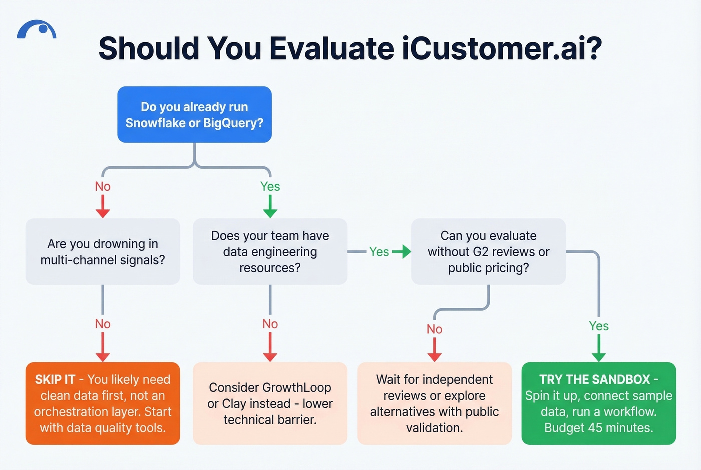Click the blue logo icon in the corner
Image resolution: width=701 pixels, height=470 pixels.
pos(37,30)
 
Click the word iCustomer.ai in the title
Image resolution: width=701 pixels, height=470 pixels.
pos(501,49)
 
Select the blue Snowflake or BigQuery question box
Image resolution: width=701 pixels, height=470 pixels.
pos(194,115)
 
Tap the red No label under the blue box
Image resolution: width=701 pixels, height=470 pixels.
pos(103,187)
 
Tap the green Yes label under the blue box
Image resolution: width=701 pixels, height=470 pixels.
pos(270,187)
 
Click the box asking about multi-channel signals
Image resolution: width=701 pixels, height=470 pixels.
pos(103,251)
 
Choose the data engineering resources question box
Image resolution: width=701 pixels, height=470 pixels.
pos(270,251)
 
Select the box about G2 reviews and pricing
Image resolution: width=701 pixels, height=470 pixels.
pos(488,251)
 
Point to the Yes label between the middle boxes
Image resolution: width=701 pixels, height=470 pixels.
pos(379,252)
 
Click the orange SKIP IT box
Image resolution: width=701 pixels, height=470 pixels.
pos(103,403)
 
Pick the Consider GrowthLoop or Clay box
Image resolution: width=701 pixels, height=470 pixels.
pos(270,403)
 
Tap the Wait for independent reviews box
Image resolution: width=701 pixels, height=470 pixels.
pos(434,403)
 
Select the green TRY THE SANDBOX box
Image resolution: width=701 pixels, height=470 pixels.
pos(598,403)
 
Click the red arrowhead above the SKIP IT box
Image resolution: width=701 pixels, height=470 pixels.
pos(103,356)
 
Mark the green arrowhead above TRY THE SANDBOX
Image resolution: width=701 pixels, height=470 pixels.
pos(599,356)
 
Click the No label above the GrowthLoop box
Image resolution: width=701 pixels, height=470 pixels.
pos(270,324)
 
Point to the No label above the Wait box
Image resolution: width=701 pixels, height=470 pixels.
pos(434,329)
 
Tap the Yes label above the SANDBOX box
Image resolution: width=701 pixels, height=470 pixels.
pos(599,326)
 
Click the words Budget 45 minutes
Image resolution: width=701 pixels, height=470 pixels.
pos(598,428)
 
